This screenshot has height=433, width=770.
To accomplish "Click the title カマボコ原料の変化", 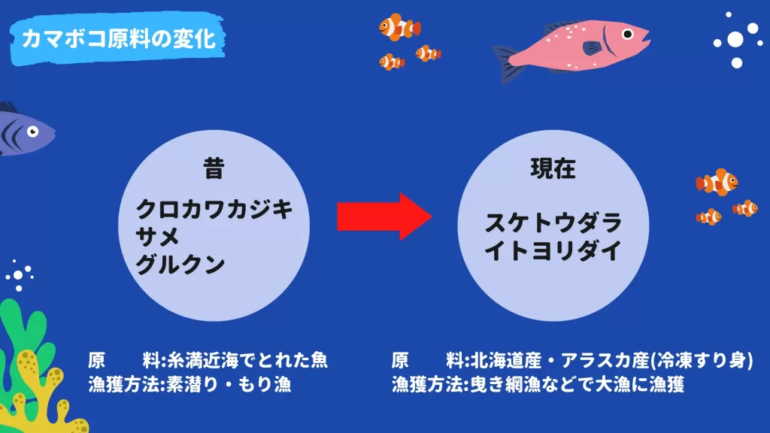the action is coord(118,39).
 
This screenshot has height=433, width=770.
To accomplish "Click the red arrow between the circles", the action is coord(384,216).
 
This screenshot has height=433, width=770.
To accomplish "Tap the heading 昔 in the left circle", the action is coord(214,168).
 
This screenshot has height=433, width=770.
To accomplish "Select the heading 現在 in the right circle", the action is coord(553,168).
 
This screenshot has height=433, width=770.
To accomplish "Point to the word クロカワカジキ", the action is coord(214,210).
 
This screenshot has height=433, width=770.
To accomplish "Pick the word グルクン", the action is coord(180,265).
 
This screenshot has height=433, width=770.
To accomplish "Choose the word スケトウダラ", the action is coord(553,223).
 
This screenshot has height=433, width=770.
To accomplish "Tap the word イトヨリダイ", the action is coord(553,251).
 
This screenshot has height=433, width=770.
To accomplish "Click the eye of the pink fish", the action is coord(628,35).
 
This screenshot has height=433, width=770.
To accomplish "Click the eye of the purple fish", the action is coord(32,132).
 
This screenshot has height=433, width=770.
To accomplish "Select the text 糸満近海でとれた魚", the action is coord(247,361).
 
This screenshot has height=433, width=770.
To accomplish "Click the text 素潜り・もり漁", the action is coord(229,384).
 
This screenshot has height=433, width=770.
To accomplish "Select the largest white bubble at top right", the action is coord(735,40).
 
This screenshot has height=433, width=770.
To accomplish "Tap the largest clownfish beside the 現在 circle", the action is coord(717,182).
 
